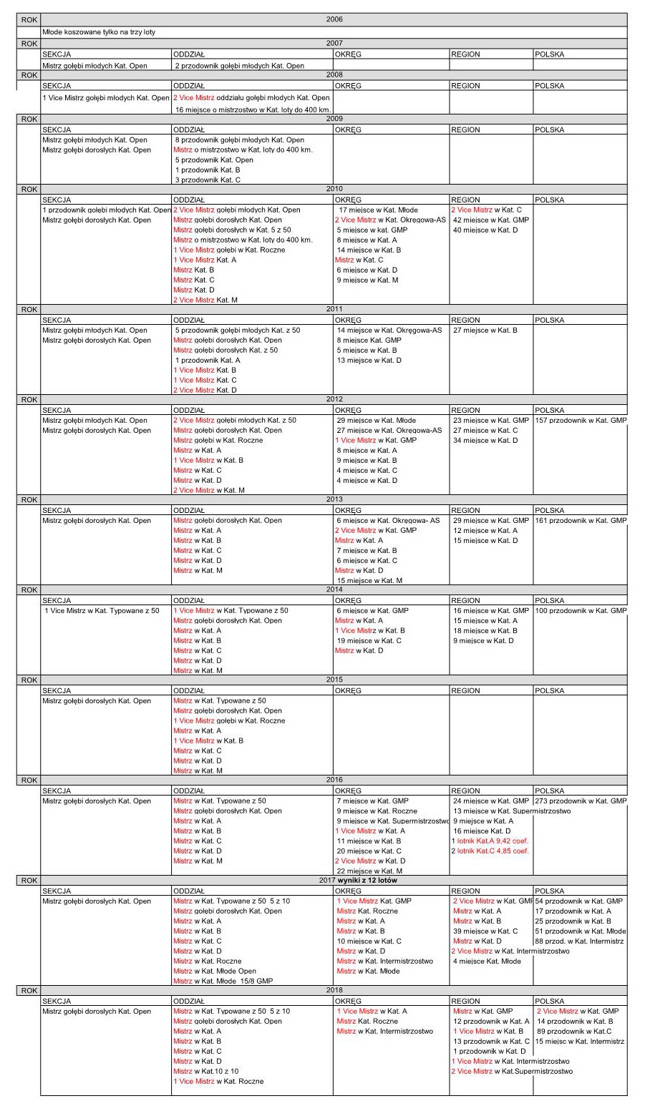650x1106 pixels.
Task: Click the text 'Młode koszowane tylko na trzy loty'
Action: (99, 32)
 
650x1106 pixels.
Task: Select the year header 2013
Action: (334, 499)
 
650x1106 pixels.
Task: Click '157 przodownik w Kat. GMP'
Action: (581, 421)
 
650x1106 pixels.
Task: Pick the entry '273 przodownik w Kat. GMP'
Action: (581, 801)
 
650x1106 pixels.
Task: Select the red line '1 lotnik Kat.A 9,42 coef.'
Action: (490, 841)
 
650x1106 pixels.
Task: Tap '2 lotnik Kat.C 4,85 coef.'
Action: (490, 851)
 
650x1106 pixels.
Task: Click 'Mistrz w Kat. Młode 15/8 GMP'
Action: (223, 982)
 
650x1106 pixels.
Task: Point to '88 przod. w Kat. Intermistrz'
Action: (579, 941)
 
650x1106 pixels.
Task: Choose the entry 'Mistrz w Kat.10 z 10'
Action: (206, 1072)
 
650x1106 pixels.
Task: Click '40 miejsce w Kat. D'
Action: (485, 230)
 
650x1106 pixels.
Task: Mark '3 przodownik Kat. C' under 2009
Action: (208, 180)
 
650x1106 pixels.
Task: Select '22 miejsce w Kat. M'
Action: (369, 871)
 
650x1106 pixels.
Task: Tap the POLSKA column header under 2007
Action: (549, 54)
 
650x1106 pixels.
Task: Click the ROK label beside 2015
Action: (29, 680)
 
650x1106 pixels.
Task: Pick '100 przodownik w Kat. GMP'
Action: (581, 611)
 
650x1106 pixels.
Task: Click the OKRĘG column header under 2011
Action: (348, 320)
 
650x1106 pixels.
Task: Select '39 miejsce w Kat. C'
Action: (485, 931)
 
